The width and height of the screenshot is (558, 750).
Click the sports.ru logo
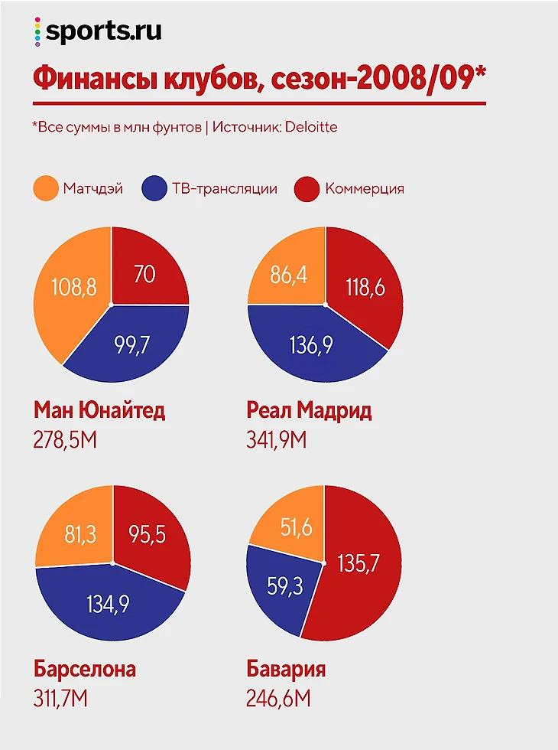click(x=98, y=31)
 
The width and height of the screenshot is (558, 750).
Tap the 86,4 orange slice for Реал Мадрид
click(x=288, y=274)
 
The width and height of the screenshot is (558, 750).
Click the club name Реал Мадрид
click(x=309, y=410)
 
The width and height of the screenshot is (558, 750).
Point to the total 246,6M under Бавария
click(x=280, y=698)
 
